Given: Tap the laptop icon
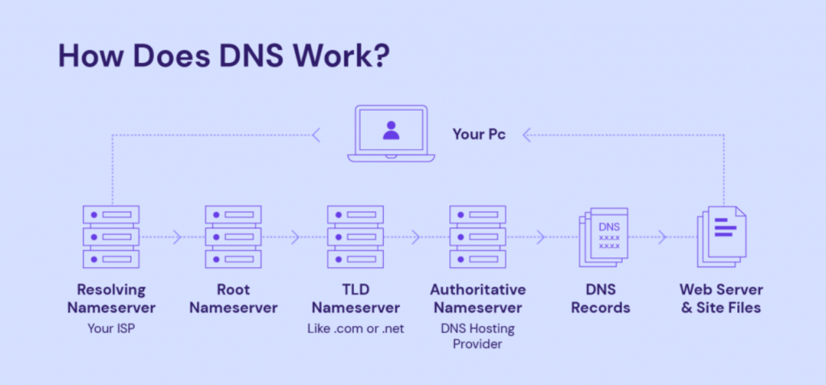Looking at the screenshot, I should [x=391, y=133].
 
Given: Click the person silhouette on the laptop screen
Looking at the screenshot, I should [x=391, y=130].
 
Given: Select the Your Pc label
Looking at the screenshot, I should [x=479, y=134].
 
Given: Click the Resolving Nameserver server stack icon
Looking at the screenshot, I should [x=111, y=237].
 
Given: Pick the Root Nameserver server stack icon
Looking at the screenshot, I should [x=233, y=237].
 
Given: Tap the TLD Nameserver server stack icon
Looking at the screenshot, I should [x=355, y=237].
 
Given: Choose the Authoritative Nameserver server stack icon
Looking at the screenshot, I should [x=478, y=237].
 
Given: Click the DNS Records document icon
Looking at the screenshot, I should [x=603, y=237].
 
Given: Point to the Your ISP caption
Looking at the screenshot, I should [x=111, y=329].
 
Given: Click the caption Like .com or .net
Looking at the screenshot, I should [x=355, y=329].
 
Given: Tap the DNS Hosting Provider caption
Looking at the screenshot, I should [x=478, y=336].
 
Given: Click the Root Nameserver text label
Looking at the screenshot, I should [x=233, y=299].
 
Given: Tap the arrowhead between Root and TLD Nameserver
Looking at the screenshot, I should [x=296, y=237].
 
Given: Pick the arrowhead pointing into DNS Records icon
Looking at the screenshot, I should [x=540, y=237].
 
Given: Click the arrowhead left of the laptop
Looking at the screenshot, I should [x=316, y=135].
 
